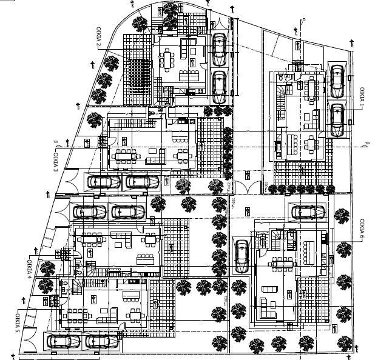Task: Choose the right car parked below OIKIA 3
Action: (x=141, y=181)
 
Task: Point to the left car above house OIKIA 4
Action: (x=90, y=212)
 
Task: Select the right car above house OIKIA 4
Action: (x=127, y=212)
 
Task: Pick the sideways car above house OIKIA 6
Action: (x=309, y=212)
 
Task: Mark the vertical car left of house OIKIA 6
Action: (x=242, y=256)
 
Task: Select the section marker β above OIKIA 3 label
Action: (x=55, y=143)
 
